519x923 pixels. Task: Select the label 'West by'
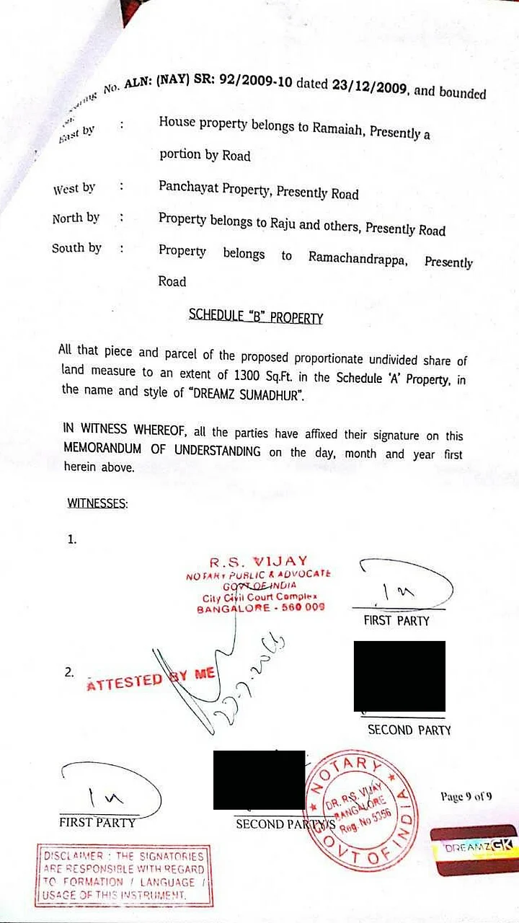pyautogui.click(x=74, y=189)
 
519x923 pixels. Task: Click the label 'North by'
pyautogui.click(x=76, y=218)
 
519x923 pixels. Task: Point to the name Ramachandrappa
pyautogui.click(x=358, y=257)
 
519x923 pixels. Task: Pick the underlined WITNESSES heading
pyautogui.click(x=97, y=503)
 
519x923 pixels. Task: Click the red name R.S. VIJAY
pyautogui.click(x=259, y=561)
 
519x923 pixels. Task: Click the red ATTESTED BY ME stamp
pyautogui.click(x=151, y=679)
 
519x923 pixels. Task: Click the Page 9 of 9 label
pyautogui.click(x=466, y=797)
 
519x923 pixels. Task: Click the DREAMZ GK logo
pyautogui.click(x=474, y=849)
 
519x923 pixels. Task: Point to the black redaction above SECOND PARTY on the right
pyautogui.click(x=399, y=676)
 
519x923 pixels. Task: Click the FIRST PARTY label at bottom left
pyautogui.click(x=97, y=822)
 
